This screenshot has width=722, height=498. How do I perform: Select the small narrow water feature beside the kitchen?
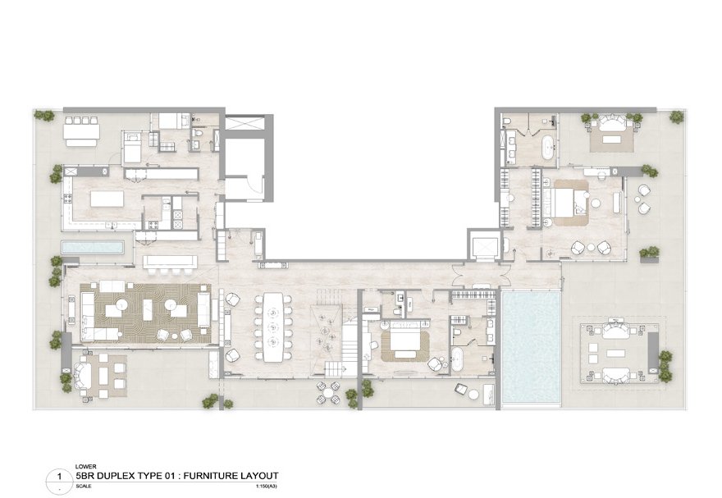pos(92,248)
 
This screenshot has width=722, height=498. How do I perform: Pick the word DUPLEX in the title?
pos(113,475)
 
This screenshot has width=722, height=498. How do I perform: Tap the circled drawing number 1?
pos(58,476)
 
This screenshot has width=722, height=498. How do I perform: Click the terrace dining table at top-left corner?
pos(82,131)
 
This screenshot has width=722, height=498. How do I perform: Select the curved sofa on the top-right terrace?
pos(611,122)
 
